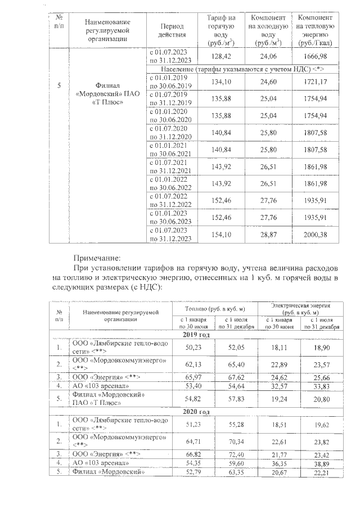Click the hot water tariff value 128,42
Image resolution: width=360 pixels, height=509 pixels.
tap(221, 57)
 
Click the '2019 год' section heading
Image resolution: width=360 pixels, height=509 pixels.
tap(197, 335)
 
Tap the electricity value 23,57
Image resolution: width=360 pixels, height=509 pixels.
tap(322, 363)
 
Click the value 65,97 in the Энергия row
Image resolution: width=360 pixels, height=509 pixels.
tap(193, 376)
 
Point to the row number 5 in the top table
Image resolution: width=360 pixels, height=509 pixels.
tap(60, 85)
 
